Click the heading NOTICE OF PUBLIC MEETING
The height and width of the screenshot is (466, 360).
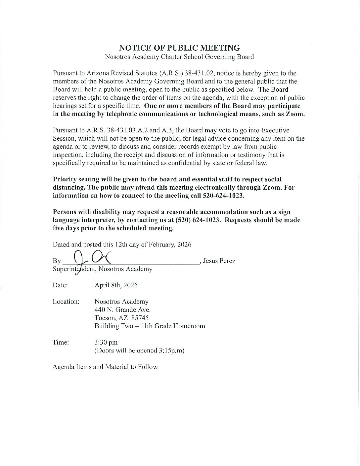179,48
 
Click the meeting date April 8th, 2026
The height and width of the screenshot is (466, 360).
116,285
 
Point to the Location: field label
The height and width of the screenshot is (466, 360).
66,302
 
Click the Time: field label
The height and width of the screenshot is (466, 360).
61,342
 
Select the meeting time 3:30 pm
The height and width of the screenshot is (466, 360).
106,342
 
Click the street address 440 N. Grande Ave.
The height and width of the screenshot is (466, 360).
122,310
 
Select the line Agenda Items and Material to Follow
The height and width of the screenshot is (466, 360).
105,367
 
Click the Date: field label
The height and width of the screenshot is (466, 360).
60,285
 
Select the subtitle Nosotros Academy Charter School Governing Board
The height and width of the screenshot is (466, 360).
179,57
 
